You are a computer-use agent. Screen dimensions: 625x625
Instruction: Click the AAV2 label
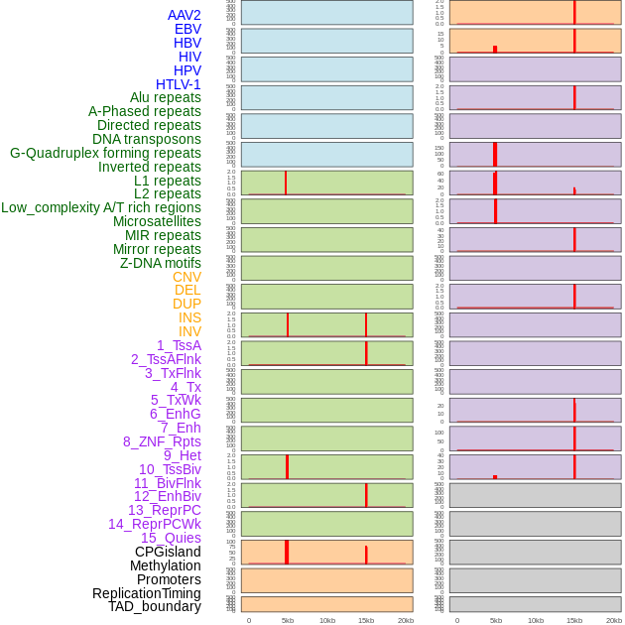point(185,15)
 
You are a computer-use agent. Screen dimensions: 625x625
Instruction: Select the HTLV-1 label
point(179,84)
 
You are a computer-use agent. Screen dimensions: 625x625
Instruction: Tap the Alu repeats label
point(166,97)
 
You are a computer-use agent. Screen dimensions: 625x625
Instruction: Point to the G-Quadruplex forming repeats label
point(105,153)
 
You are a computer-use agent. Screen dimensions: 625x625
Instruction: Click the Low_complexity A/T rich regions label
point(101,207)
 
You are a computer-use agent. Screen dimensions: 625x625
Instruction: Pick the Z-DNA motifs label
point(161,263)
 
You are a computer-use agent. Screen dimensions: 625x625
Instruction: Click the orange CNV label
point(187,277)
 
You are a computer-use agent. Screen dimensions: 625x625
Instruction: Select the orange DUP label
point(187,304)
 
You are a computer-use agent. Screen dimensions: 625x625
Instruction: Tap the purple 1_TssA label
point(179,345)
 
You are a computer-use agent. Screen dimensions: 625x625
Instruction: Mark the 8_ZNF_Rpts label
point(162,441)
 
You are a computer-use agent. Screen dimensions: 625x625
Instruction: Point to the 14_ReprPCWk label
point(155,524)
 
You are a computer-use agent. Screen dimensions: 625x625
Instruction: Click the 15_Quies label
point(171,538)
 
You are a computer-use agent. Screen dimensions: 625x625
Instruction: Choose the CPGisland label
point(168,552)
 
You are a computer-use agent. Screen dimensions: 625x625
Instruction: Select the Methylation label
point(166,565)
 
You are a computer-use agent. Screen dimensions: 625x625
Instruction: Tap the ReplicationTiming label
point(147,593)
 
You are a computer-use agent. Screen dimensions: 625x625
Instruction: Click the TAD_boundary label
point(155,606)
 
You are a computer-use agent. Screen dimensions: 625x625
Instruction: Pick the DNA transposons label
point(147,139)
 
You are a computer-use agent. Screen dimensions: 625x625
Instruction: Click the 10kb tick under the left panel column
point(327,620)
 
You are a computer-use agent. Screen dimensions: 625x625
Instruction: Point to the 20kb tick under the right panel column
point(614,620)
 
